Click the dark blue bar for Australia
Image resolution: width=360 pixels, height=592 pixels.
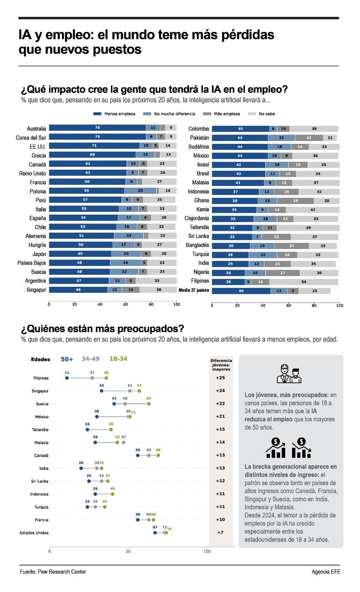98,128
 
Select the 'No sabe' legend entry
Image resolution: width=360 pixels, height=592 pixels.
262,114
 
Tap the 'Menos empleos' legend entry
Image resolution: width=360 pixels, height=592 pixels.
114,114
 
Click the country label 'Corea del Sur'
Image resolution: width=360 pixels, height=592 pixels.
31,138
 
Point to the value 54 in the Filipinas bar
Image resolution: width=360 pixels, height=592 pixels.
304,282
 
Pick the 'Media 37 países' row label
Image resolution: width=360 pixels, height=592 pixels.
194,290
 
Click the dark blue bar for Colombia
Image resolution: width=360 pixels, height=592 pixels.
241,129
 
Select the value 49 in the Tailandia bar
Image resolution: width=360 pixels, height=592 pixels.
308,228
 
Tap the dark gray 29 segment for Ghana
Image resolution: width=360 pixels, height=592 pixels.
296,201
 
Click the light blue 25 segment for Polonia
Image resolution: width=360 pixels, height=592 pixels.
140,191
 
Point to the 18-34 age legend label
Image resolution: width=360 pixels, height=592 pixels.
118,358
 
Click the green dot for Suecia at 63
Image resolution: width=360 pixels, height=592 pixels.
149,404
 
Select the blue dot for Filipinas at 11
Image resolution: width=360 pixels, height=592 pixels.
67,378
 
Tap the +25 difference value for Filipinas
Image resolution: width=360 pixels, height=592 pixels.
220,378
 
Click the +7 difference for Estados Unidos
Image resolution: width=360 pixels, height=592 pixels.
220,532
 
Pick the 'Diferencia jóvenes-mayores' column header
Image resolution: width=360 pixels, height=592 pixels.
221,365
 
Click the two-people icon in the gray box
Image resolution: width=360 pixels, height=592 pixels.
289,374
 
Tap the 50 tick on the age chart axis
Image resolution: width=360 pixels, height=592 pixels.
128,551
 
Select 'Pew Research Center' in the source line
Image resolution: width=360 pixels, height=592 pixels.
62,572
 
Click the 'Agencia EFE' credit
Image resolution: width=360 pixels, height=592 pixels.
326,572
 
